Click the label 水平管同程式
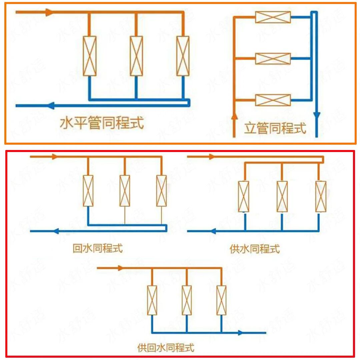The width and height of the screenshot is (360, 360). [102, 123]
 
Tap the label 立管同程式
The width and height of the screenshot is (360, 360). [275, 128]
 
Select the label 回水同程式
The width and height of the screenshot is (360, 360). [98, 248]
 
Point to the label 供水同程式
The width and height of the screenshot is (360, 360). [255, 249]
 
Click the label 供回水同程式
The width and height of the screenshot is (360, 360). [166, 348]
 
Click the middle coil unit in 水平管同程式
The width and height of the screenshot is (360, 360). [136, 56]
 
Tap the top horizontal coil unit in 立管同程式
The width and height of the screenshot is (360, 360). [273, 17]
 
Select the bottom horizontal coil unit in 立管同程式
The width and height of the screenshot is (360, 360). [273, 100]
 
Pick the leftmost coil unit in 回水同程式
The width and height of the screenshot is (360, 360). [88, 191]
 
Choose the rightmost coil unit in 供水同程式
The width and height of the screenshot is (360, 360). [321, 196]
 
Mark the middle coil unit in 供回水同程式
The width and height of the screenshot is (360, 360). [187, 300]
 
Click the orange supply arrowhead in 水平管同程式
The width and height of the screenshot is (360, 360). [49, 13]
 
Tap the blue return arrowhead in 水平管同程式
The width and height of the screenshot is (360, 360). [51, 106]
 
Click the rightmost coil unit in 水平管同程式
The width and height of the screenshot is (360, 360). [183, 56]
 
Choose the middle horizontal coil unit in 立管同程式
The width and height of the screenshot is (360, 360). [273, 59]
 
